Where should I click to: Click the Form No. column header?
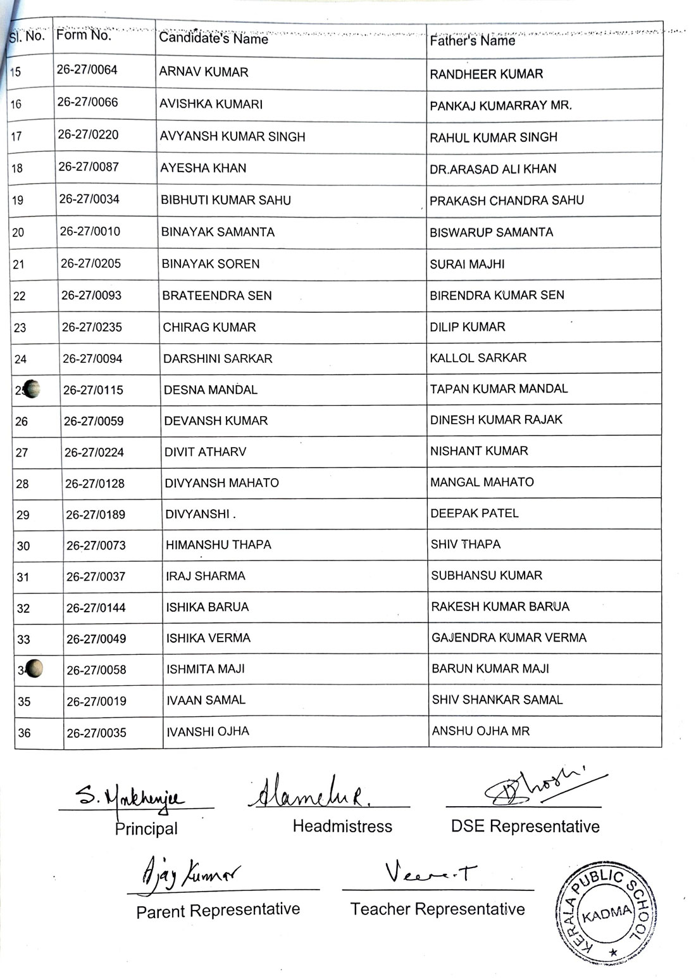84,35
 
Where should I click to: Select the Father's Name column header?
472,41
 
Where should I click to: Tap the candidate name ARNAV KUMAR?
204,72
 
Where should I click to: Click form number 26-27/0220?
88,135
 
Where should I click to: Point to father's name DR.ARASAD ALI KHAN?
493,169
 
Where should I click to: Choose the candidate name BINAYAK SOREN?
210,264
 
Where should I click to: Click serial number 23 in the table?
20,328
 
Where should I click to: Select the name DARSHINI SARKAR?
218,359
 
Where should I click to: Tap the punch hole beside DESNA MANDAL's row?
31,389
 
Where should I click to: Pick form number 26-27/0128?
95,484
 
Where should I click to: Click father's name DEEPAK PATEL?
475,514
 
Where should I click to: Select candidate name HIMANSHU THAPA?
218,545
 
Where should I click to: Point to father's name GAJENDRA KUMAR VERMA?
509,638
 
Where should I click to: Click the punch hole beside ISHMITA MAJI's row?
35,669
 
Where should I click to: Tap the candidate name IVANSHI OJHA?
208,732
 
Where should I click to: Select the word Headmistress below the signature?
342,826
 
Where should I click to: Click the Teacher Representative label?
437,909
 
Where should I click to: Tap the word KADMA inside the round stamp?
607,914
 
